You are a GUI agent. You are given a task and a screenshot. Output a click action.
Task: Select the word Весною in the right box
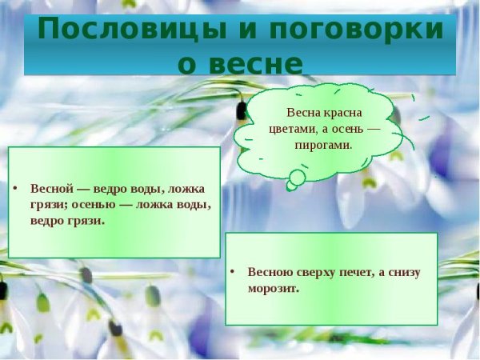click(x=270, y=272)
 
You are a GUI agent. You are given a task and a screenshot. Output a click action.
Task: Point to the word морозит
click(x=274, y=288)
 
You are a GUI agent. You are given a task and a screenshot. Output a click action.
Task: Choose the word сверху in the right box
click(x=314, y=272)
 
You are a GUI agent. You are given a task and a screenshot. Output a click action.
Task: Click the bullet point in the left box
click(x=15, y=190)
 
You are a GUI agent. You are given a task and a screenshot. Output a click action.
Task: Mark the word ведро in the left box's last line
click(x=47, y=220)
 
